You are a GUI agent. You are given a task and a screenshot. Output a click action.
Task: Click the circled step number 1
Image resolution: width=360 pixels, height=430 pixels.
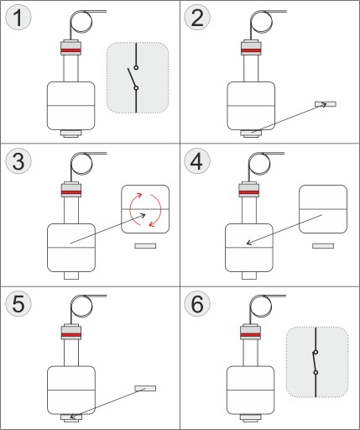pyautogui.click(x=18, y=18)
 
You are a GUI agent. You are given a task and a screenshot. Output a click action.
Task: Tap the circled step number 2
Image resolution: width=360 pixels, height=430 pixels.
pyautogui.click(x=197, y=18)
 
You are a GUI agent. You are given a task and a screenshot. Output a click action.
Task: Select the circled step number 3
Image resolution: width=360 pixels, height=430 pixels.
pyautogui.click(x=18, y=161)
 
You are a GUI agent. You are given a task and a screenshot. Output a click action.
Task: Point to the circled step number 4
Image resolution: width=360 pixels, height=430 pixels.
pyautogui.click(x=197, y=161)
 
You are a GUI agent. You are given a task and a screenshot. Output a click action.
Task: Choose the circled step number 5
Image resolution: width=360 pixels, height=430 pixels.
pyautogui.click(x=18, y=304)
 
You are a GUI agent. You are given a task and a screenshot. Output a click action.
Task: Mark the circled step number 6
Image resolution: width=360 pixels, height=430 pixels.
pyautogui.click(x=197, y=304)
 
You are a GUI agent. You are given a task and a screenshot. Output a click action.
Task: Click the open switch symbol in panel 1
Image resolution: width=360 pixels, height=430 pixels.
pyautogui.click(x=136, y=78)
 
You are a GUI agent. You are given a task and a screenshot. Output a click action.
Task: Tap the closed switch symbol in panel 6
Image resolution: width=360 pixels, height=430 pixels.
pyautogui.click(x=316, y=362)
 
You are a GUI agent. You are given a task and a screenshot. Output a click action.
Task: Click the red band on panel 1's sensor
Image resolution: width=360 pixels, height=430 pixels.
pyautogui.click(x=70, y=50)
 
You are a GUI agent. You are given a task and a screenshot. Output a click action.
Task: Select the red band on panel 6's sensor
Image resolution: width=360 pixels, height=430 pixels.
pyautogui.click(x=250, y=335)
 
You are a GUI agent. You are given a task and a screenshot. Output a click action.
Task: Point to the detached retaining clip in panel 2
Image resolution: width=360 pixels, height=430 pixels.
pyautogui.click(x=326, y=104)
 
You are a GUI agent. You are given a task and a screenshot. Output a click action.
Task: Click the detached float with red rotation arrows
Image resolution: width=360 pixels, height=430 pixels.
pyautogui.click(x=145, y=209)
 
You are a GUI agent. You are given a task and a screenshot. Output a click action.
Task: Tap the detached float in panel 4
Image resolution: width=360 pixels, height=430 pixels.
pyautogui.click(x=323, y=209)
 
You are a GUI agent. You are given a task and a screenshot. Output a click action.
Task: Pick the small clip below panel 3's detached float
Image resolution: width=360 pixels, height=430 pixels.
pyautogui.click(x=145, y=246)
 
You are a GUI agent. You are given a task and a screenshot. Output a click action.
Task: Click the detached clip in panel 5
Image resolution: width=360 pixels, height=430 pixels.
pyautogui.click(x=145, y=388)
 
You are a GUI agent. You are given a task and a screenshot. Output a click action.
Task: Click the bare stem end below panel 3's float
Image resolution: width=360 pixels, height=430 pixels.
pyautogui.click(x=71, y=275)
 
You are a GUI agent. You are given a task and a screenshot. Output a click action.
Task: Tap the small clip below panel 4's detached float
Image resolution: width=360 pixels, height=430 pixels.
pyautogui.click(x=323, y=246)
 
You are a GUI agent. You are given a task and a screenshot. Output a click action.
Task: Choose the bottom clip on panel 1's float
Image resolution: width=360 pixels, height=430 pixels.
pyautogui.click(x=71, y=134)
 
